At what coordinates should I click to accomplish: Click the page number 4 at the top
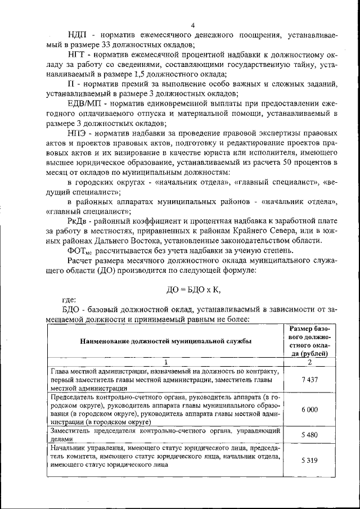192,25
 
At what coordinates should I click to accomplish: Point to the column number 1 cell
166,362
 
